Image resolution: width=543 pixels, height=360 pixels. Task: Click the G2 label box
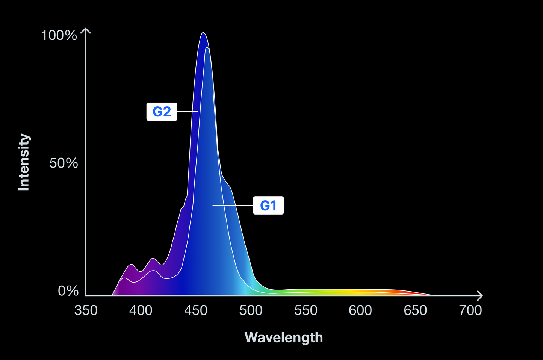(x=162, y=112)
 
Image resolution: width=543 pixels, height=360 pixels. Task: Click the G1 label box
(x=268, y=205)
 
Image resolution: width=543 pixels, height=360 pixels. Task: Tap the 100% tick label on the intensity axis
(x=59, y=35)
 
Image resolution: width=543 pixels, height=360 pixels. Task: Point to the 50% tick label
(x=64, y=163)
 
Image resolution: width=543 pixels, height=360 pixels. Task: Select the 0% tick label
(x=68, y=291)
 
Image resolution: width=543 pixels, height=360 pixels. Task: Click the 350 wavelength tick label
(x=86, y=310)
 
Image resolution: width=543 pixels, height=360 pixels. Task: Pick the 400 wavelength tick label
(x=141, y=310)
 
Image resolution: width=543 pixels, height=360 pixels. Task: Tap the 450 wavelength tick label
(x=196, y=310)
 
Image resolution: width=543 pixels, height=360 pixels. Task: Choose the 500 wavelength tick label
(x=251, y=310)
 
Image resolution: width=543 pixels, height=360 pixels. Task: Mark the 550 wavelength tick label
(x=306, y=310)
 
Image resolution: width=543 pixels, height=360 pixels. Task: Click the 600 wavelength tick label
(x=360, y=310)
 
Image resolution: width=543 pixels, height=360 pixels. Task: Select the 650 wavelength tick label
(x=415, y=310)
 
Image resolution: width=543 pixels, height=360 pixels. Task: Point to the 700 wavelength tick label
(x=470, y=310)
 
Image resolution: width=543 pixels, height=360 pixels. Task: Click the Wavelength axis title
(x=284, y=337)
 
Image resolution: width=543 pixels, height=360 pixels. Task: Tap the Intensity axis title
(x=24, y=162)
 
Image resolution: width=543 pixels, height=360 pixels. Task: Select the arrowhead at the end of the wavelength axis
(x=480, y=296)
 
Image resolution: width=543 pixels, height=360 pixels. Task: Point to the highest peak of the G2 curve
(x=203, y=33)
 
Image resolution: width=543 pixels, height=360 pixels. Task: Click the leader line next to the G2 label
(x=187, y=112)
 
